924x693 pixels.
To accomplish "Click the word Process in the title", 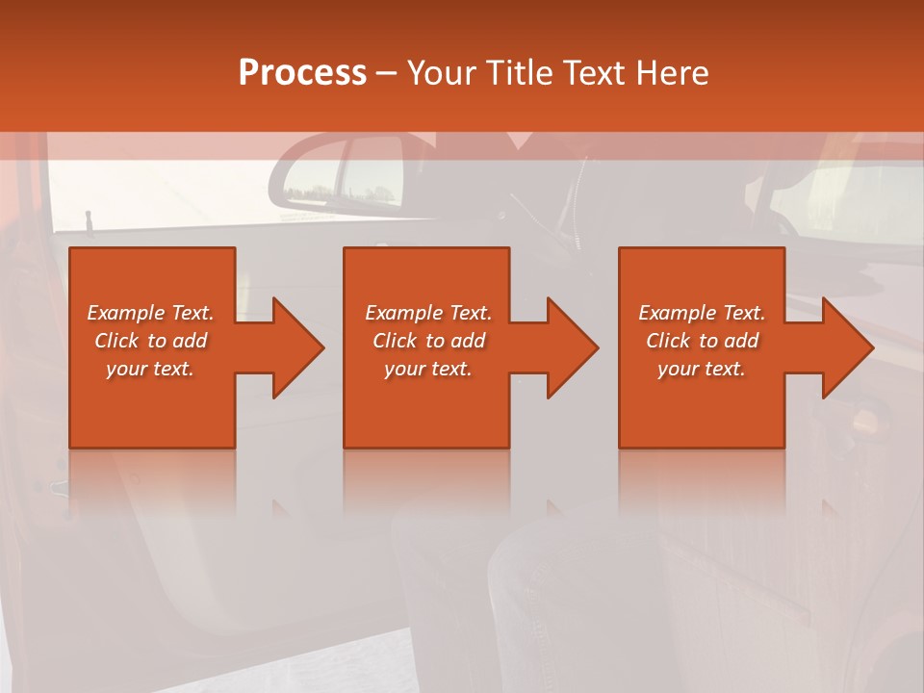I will [302, 72].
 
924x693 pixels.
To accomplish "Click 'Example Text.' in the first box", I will [150, 313].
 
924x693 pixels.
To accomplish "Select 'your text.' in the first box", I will [150, 369].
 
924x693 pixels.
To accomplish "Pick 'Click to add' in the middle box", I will [428, 341].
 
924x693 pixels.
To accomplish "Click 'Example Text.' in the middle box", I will [428, 313].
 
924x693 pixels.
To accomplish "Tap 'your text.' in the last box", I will [702, 369].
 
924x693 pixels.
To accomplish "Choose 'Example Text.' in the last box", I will [702, 313].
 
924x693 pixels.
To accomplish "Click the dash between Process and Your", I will [387, 73].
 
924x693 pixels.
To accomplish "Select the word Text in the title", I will [592, 72].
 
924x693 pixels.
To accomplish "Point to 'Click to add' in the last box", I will [702, 341].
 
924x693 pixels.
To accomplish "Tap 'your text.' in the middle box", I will [428, 369].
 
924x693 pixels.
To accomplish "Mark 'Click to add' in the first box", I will [150, 341].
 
